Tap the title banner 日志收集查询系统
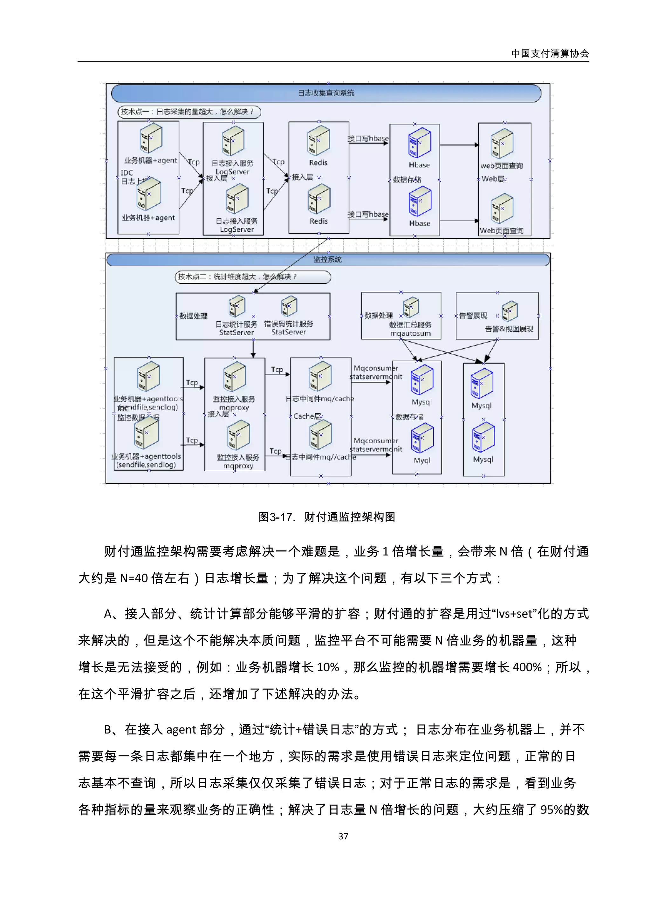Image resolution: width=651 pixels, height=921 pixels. pyautogui.click(x=326, y=93)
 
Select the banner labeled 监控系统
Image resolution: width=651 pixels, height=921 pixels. pyautogui.click(x=327, y=260)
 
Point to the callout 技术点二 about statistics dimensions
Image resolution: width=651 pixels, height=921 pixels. pyautogui.click(x=253, y=277)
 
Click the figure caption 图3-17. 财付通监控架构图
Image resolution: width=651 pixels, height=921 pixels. pyautogui.click(x=326, y=517)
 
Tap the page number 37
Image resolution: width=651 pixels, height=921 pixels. pyautogui.click(x=343, y=836)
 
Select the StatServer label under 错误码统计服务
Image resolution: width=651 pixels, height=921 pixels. pyautogui.click(x=288, y=332)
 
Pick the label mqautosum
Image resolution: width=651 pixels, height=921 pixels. pyautogui.click(x=410, y=333)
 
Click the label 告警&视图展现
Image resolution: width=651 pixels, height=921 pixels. pyautogui.click(x=509, y=329)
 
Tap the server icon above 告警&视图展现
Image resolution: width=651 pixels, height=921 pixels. pyautogui.click(x=510, y=311)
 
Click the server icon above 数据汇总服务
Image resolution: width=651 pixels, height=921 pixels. pyautogui.click(x=411, y=308)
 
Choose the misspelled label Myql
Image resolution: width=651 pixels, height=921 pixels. pyautogui.click(x=422, y=460)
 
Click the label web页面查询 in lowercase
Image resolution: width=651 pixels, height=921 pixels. pyautogui.click(x=501, y=166)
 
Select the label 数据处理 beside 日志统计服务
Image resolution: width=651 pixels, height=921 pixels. pyautogui.click(x=193, y=316)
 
